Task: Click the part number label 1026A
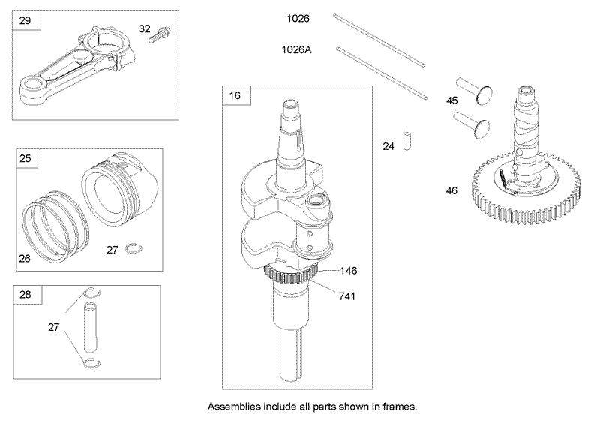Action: (296, 49)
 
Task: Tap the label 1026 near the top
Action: (298, 18)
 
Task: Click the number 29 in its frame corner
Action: (25, 20)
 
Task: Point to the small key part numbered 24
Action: (407, 141)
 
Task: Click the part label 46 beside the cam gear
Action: (452, 190)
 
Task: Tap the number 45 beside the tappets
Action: (452, 100)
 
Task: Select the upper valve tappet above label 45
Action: (474, 90)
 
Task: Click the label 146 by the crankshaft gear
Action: (349, 271)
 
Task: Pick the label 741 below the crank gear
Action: (347, 296)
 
